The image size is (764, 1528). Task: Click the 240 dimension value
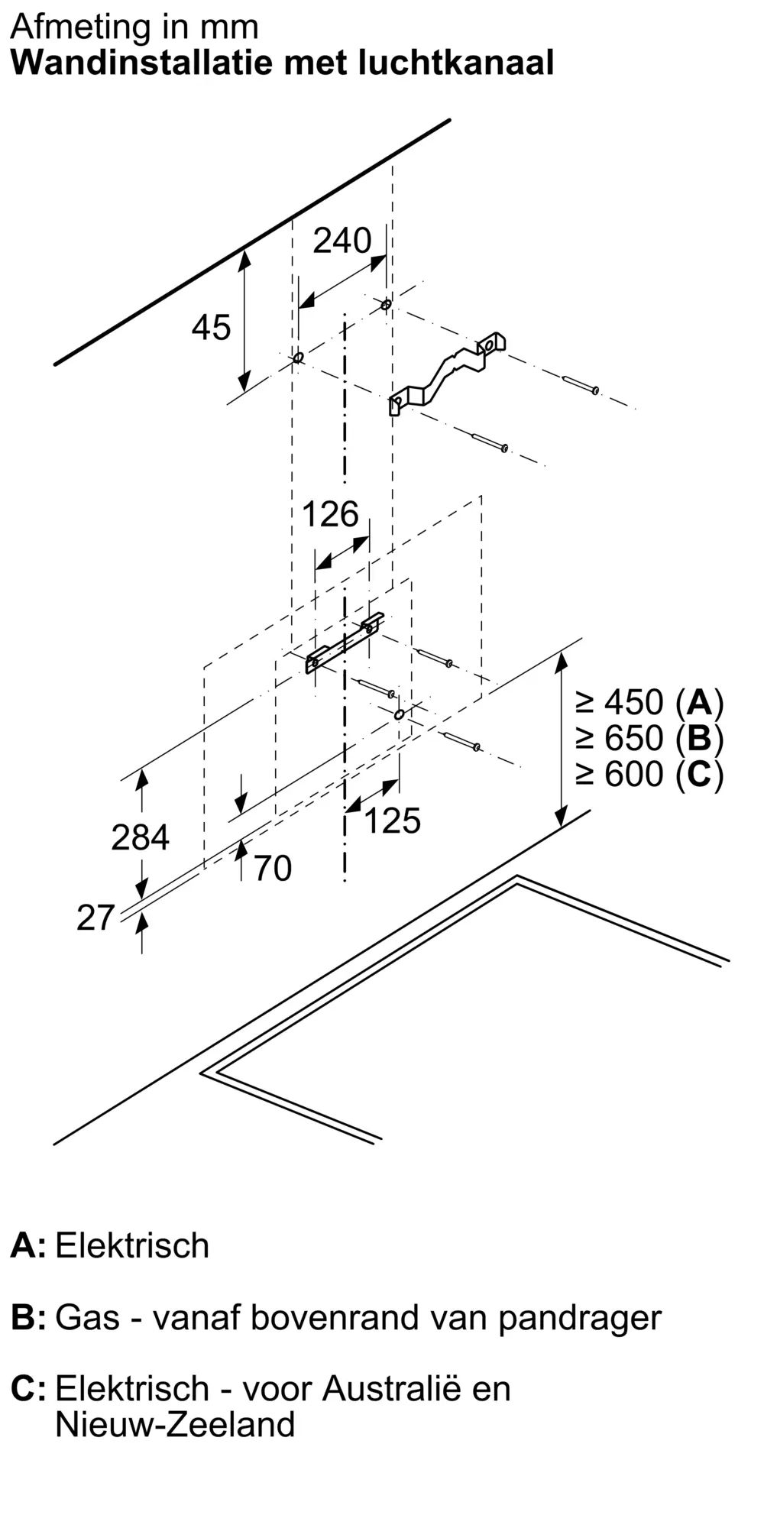[x=342, y=241]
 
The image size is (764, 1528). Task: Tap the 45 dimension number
[x=211, y=328]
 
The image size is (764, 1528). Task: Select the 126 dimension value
[x=330, y=514]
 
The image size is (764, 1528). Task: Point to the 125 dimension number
[x=392, y=821]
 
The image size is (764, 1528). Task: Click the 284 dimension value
[x=140, y=837]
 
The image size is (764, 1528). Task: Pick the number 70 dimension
[x=272, y=869]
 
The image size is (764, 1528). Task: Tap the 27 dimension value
[x=95, y=918]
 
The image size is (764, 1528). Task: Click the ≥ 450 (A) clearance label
[x=649, y=701]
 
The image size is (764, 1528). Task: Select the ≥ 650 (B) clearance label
[x=649, y=738]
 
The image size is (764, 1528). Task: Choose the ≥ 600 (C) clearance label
[x=649, y=775]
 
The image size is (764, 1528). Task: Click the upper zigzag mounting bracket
[x=447, y=373]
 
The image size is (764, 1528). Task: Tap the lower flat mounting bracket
[x=345, y=643]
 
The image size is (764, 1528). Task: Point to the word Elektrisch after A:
[x=132, y=1246]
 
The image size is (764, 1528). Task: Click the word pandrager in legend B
[x=580, y=1317]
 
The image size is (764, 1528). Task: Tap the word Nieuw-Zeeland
[x=175, y=1424]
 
